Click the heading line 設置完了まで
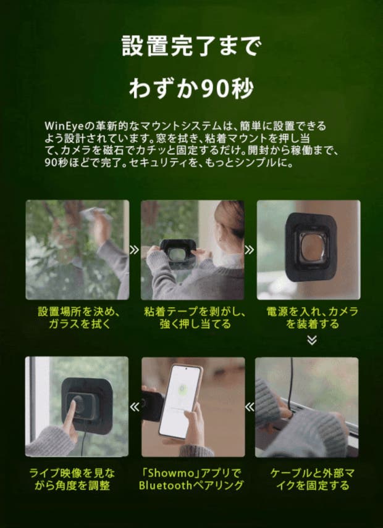pyautogui.click(x=191, y=46)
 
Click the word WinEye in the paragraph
pyautogui.click(x=64, y=126)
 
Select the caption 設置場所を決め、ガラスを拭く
pyautogui.click(x=79, y=318)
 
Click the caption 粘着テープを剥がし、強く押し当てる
pyautogui.click(x=195, y=318)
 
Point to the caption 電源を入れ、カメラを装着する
pyautogui.click(x=312, y=318)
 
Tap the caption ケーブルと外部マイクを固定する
pyautogui.click(x=312, y=479)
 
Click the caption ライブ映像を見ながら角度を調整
pyautogui.click(x=72, y=479)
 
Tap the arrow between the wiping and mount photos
pyautogui.click(x=135, y=250)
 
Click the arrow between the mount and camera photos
pyautogui.click(x=250, y=250)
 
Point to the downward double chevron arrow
pyautogui.click(x=312, y=340)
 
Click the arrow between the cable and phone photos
pyautogui.click(x=250, y=407)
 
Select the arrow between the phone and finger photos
pyautogui.click(x=135, y=407)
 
